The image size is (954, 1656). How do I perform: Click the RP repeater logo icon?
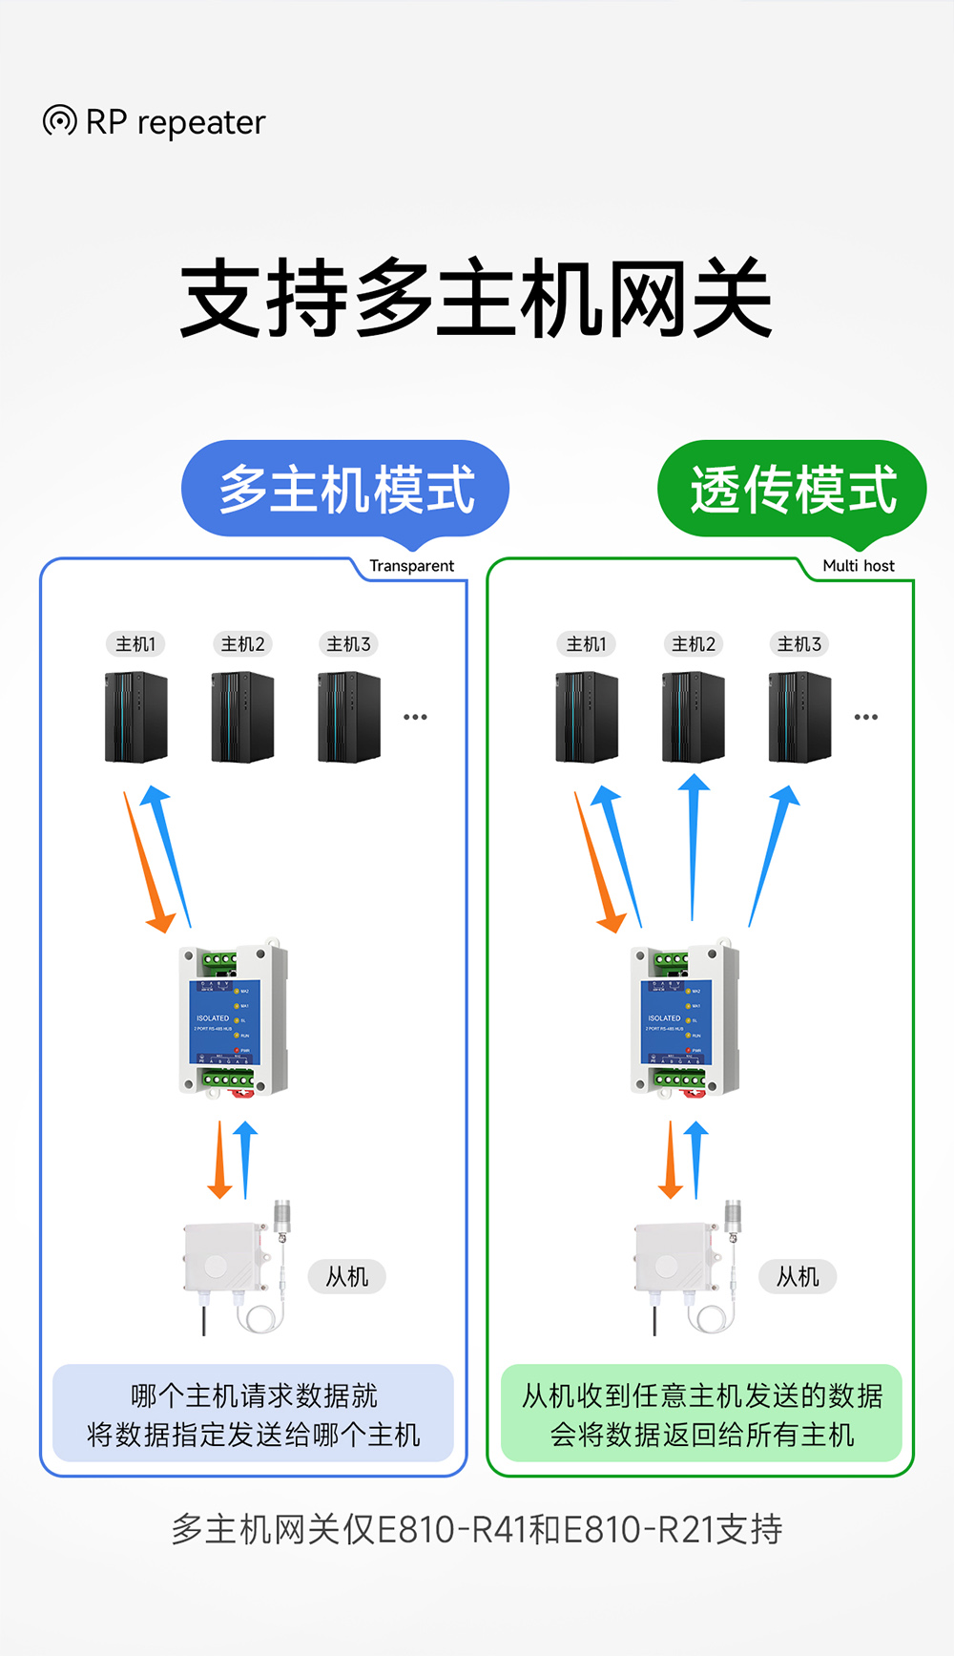(59, 121)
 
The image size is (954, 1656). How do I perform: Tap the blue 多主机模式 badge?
(345, 490)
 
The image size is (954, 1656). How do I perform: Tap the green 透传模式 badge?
(792, 490)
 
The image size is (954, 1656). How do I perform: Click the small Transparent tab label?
(411, 566)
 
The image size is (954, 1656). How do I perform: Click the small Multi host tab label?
(858, 566)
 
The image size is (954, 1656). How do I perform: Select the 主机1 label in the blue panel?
(135, 644)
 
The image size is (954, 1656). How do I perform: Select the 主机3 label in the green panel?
(799, 644)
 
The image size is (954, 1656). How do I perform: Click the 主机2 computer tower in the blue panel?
(242, 718)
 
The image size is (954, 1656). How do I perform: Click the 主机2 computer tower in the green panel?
(694, 718)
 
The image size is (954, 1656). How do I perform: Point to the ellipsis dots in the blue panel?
(415, 717)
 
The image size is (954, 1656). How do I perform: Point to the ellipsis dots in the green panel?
(866, 717)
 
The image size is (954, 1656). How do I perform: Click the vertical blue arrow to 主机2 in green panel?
(694, 845)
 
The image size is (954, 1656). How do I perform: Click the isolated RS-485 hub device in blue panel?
(232, 1020)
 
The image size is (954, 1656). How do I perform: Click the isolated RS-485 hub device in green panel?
(683, 1020)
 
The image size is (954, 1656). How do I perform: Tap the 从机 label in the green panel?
(798, 1277)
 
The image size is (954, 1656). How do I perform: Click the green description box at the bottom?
(701, 1415)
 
